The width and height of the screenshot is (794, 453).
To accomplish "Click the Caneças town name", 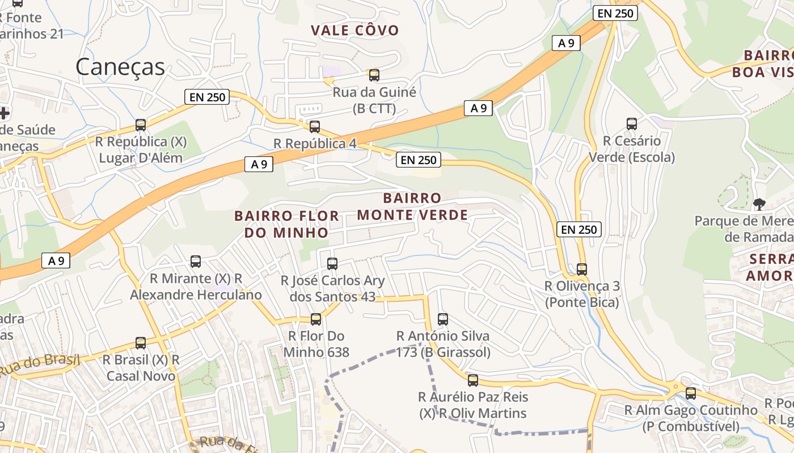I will [x=120, y=67].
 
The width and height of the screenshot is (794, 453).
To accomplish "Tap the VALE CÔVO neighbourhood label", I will [x=354, y=30].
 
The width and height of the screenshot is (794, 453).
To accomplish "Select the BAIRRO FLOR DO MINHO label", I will [x=286, y=224].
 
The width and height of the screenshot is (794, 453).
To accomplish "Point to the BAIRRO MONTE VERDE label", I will [x=412, y=206].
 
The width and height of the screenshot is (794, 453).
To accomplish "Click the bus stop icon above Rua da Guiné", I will [x=374, y=75].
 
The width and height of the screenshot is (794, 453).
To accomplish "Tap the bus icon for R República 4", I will [x=314, y=126].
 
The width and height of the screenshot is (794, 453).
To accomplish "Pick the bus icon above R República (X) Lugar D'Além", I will [x=140, y=125].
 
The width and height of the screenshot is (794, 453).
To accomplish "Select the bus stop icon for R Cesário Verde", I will [x=631, y=124].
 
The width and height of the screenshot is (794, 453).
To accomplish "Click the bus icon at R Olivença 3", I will [x=581, y=269].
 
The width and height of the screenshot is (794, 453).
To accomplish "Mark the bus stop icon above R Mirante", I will [x=195, y=262].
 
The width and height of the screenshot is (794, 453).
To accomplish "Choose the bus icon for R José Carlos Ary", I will [x=332, y=263].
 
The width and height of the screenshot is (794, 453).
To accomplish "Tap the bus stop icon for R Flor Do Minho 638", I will [x=316, y=319].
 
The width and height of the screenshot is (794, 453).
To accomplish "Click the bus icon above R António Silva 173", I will [x=442, y=319].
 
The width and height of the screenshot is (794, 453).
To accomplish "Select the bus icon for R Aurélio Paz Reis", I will [x=472, y=380].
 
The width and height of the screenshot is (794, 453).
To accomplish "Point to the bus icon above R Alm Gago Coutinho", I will [x=690, y=393].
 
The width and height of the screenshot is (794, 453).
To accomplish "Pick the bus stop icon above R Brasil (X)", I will [x=140, y=343].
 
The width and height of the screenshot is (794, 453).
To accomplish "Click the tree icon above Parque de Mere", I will [x=759, y=204].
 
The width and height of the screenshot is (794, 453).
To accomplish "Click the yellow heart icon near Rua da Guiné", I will [x=328, y=82].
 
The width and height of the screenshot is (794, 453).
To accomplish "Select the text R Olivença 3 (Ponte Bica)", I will [x=582, y=294].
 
